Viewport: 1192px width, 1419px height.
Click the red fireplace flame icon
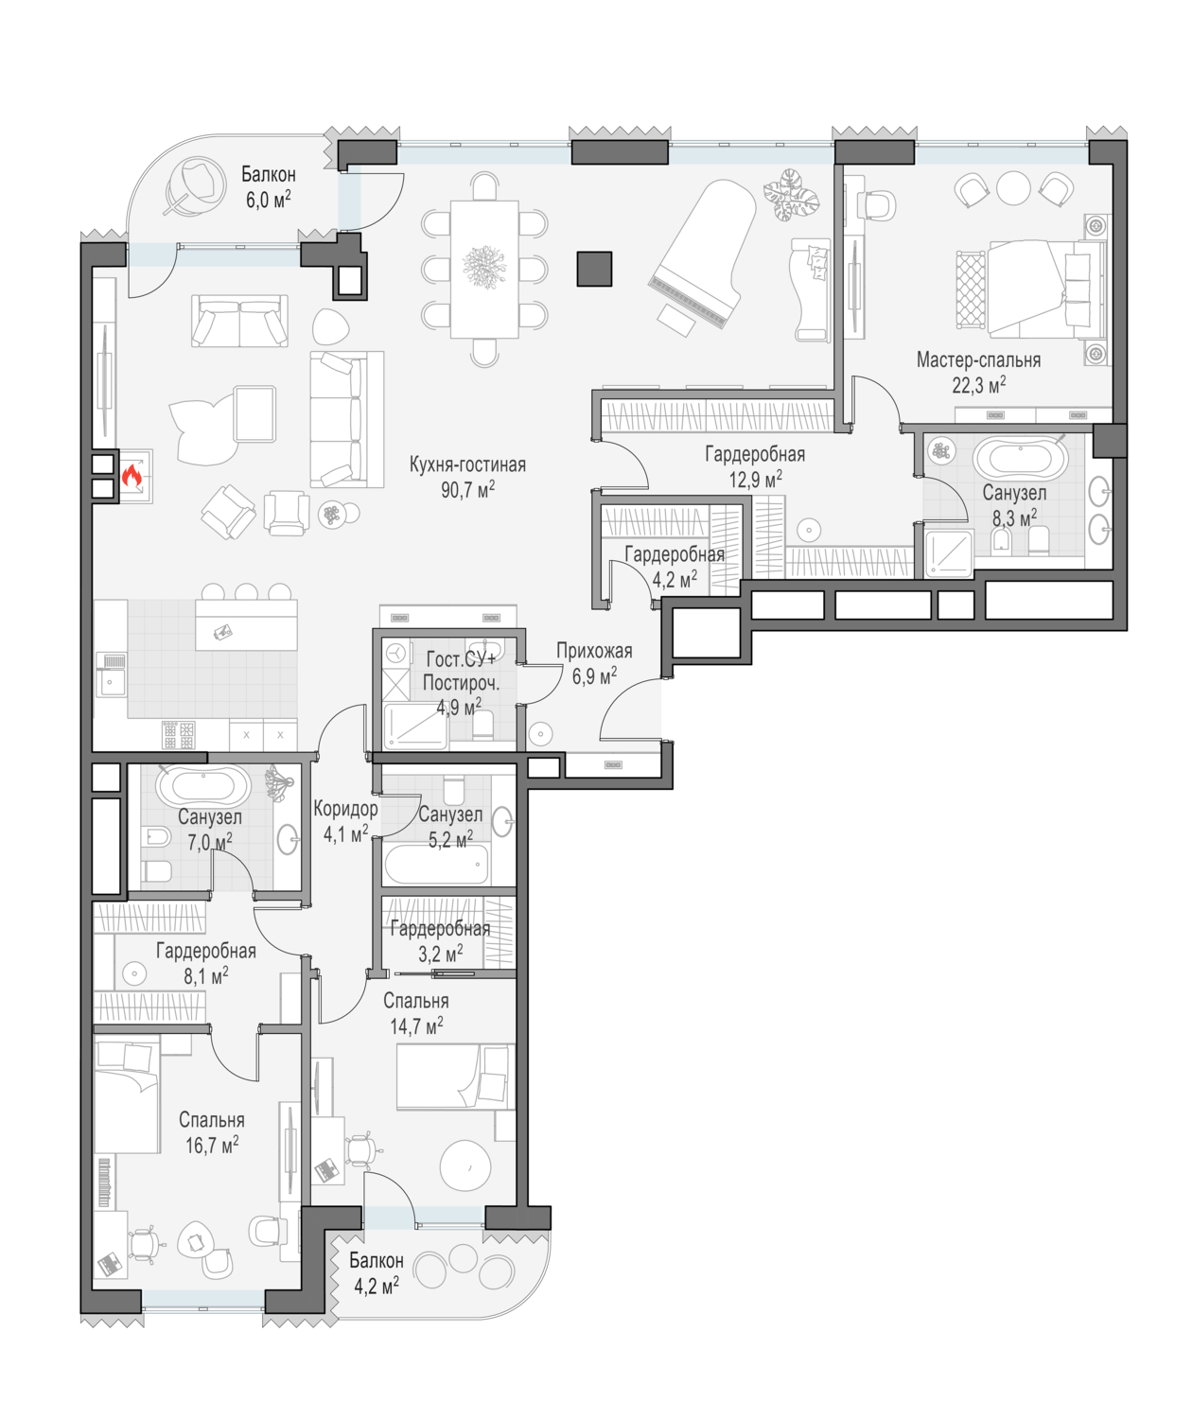[x=131, y=474]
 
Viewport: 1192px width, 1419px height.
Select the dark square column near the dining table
[x=594, y=268]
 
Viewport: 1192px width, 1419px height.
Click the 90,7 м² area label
[x=467, y=489]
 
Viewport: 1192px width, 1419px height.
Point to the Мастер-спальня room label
[x=978, y=359]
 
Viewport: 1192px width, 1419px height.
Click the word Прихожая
[x=594, y=651]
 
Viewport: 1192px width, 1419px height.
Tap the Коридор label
[x=345, y=809]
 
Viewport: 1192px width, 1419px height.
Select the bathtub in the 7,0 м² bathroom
[x=202, y=785]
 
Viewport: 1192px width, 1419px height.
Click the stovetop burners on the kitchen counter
[x=178, y=735]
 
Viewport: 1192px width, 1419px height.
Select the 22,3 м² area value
[x=978, y=386]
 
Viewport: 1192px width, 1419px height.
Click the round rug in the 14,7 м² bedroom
[x=465, y=1165]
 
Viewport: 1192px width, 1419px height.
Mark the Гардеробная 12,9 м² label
[x=755, y=466]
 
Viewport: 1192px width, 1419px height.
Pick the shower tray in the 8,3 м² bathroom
[x=949, y=553]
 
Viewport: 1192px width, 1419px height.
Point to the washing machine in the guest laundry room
[x=395, y=655]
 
